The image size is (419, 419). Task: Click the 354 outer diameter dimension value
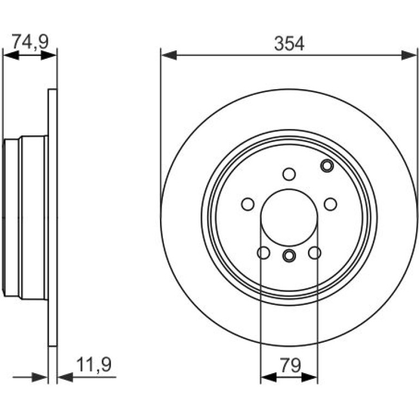(289, 44)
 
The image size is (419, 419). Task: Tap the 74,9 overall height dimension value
(30, 41)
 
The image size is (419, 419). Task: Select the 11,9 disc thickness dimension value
(94, 365)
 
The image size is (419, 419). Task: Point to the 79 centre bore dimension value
(290, 365)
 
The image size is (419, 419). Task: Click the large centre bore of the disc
(289, 218)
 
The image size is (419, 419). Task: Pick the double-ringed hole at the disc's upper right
(327, 165)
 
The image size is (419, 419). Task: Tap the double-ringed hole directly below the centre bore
(289, 255)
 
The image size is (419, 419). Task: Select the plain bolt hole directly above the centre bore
(289, 174)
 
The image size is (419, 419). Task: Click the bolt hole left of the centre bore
(248, 204)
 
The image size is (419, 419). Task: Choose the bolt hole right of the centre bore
(330, 204)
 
